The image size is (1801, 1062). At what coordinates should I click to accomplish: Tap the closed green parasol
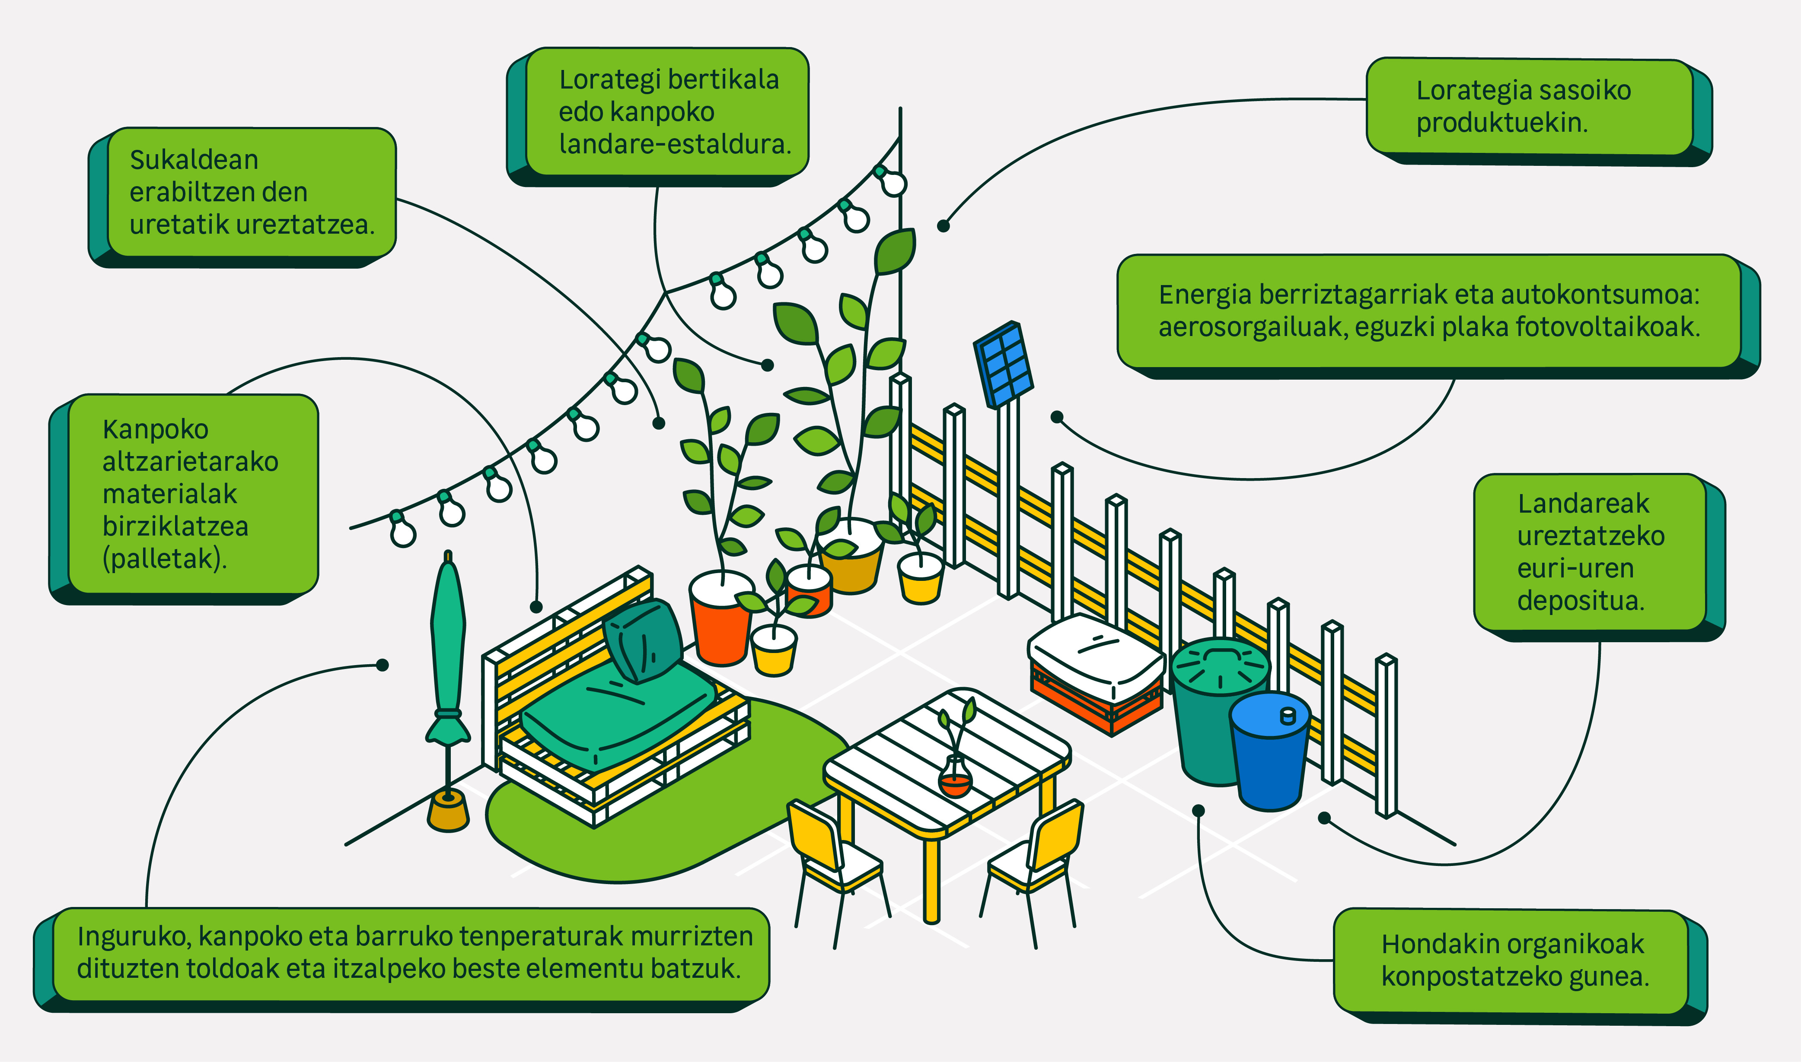coord(448,644)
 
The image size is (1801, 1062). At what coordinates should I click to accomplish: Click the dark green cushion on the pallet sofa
coord(643,640)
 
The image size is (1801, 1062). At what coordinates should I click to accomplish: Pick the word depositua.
coord(1581,600)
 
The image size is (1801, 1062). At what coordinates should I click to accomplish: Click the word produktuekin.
coord(1501,123)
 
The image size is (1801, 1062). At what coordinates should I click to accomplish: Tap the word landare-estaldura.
coord(675,145)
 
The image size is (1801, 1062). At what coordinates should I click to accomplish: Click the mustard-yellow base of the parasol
coord(448,814)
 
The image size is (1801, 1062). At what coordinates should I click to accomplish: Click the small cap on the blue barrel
coord(1288,715)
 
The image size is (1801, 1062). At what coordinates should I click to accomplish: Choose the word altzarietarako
coord(191,462)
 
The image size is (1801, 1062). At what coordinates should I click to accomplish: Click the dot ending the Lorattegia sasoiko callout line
coord(943,226)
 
